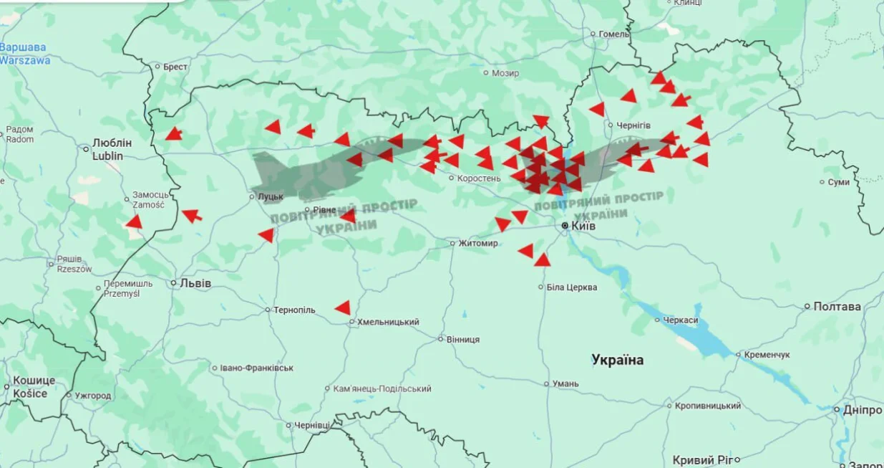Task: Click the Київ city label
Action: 583,226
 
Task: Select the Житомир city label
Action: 478,243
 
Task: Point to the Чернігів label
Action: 633,125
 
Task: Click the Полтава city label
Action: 837,307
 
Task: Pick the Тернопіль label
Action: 294,310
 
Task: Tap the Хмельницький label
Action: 387,323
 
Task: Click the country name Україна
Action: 617,360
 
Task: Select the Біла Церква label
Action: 571,287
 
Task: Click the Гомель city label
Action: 614,34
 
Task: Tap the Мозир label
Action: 505,73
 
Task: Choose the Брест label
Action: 175,67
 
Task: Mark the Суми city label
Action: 838,182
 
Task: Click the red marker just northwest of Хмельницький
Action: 343,308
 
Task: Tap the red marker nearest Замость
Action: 134,222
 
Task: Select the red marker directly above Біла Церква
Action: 543,260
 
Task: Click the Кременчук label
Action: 767,355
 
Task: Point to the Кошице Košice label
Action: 30,387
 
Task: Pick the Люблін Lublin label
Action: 107,149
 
